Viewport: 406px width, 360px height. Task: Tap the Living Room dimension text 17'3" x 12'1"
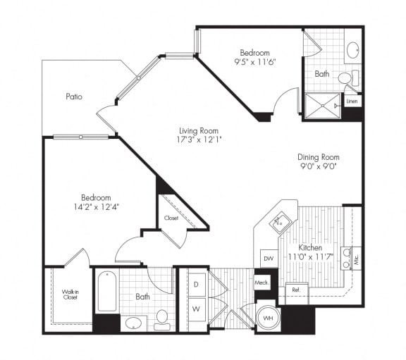[x=198, y=141]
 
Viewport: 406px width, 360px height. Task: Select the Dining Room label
[x=318, y=157]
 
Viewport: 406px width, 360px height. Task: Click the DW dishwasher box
[x=268, y=259]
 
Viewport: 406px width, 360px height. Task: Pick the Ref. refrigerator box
[x=295, y=289]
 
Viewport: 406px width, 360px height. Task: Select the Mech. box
[x=262, y=283]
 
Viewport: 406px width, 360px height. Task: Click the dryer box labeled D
[x=195, y=285]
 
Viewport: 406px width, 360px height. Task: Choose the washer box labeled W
[x=195, y=309]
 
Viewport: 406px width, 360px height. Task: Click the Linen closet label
[x=352, y=102]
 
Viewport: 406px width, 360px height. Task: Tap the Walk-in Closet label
[x=70, y=294]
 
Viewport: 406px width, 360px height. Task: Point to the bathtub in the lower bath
[x=106, y=292]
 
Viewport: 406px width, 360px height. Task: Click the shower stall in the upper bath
[x=323, y=106]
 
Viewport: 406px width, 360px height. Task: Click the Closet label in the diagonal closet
[x=171, y=218]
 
